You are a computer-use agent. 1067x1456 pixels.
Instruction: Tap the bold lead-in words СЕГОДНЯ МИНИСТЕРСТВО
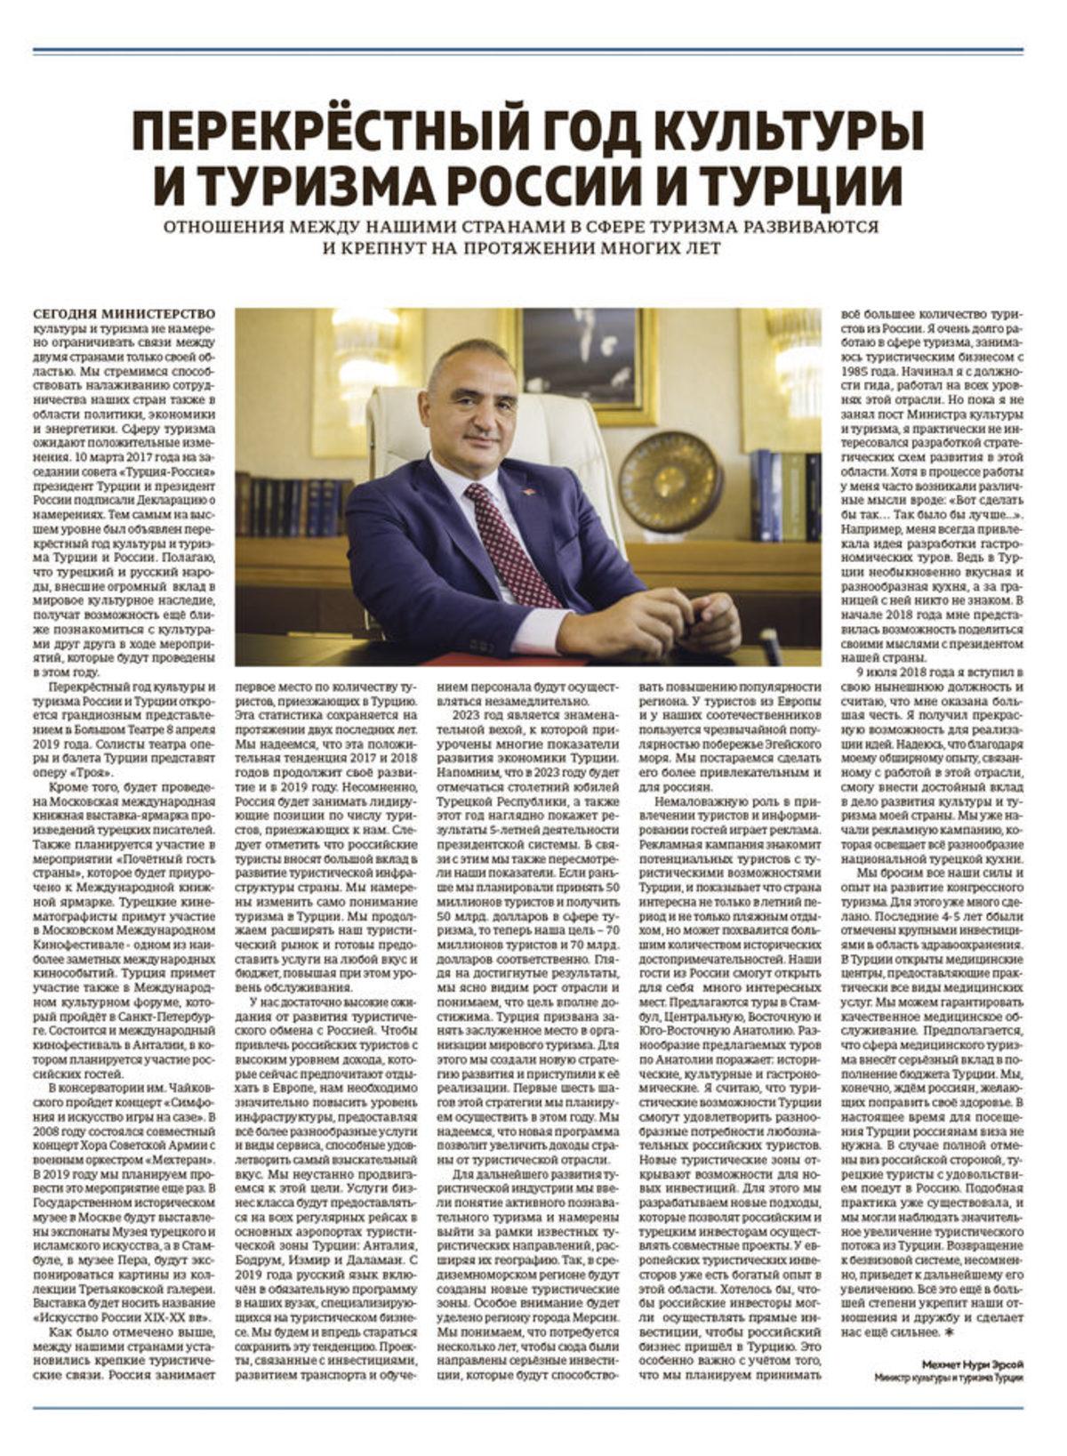tap(124, 314)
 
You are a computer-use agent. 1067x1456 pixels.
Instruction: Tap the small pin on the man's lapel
tap(528, 493)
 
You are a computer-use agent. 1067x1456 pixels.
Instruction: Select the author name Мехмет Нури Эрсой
tap(973, 1363)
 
